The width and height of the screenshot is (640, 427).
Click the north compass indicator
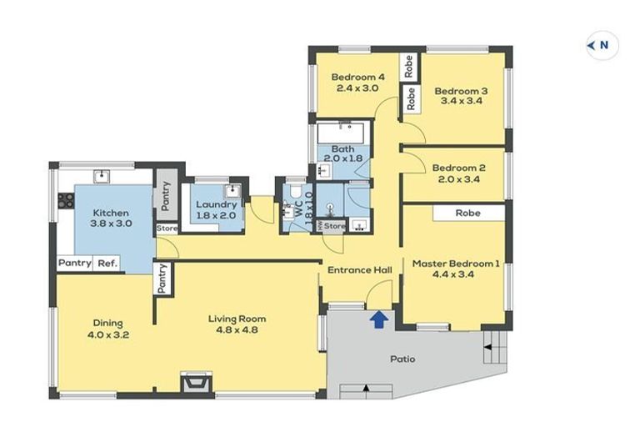point(602,45)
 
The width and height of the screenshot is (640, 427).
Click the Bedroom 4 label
point(357,77)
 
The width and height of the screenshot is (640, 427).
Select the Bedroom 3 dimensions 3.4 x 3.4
point(461,101)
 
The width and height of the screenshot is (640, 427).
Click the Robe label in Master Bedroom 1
point(467,213)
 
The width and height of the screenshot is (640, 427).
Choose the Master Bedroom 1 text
point(456,264)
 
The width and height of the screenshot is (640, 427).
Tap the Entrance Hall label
point(360,270)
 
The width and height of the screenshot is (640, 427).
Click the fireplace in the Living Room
point(197,383)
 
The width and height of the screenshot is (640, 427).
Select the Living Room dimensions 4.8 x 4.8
point(237,329)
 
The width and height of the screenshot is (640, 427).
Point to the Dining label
point(107,324)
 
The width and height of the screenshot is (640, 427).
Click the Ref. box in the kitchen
point(107,264)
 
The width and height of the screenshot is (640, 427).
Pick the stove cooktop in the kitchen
point(66,201)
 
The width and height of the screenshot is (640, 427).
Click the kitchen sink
point(101,177)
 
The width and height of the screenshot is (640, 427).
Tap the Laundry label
point(217,204)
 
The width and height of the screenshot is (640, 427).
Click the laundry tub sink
point(232,190)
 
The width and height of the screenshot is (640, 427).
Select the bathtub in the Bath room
point(343,133)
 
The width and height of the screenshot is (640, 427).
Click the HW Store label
point(332,225)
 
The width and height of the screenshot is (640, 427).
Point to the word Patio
point(402,359)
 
